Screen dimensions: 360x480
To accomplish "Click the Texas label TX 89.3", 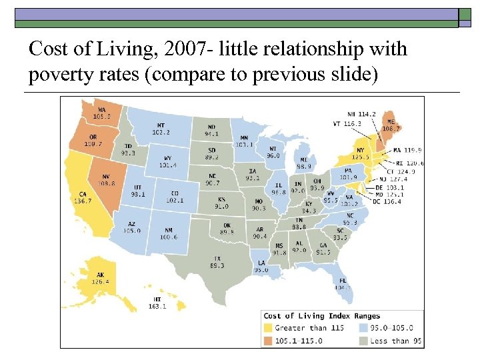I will coord(217,261).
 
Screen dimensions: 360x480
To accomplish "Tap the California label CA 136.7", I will coord(83,197).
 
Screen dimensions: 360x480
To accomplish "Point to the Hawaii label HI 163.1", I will coord(157,303).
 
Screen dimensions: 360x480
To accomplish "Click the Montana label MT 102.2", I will coord(160,129).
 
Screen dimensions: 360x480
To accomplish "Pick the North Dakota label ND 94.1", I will coord(211,130).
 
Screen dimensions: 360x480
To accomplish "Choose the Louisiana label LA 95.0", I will coord(261,266).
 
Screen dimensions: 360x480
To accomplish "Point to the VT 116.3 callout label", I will coord(347,123).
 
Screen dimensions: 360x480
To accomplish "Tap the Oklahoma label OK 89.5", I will coord(227,229).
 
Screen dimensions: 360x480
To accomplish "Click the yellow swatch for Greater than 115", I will coord(268,328).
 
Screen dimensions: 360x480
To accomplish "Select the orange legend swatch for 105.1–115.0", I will coord(268,341).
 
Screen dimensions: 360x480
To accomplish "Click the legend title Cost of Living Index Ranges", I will coord(322,316).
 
